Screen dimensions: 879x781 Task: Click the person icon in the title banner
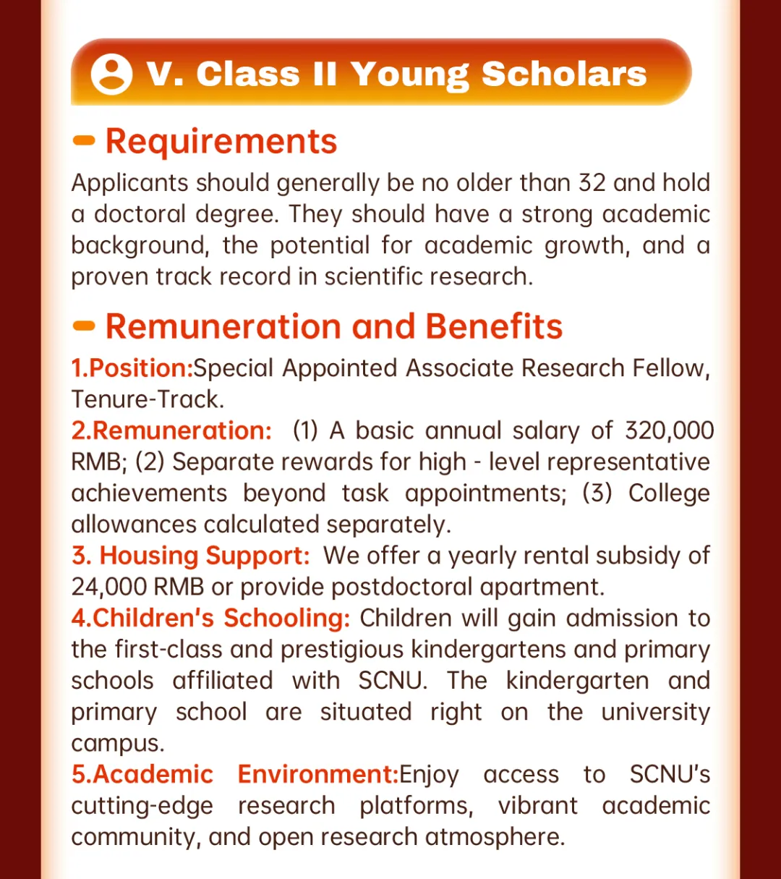111,74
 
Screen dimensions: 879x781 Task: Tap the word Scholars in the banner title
564,74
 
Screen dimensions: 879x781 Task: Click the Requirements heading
221,141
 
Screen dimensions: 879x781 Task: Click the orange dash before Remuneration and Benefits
85,326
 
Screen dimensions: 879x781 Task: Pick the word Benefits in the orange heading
494,326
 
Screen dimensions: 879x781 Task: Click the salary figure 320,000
669,430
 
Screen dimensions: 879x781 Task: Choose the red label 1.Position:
132,368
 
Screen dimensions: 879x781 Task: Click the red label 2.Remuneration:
171,430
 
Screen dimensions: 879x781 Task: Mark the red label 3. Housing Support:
190,556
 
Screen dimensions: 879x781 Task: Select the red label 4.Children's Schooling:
210,618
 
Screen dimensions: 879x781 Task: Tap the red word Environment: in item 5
318,774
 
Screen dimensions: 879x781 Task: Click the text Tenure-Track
148,399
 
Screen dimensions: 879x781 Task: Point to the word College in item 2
669,493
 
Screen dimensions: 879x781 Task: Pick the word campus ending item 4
117,744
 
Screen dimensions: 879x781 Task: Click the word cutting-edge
142,806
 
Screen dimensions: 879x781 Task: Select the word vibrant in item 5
538,806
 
